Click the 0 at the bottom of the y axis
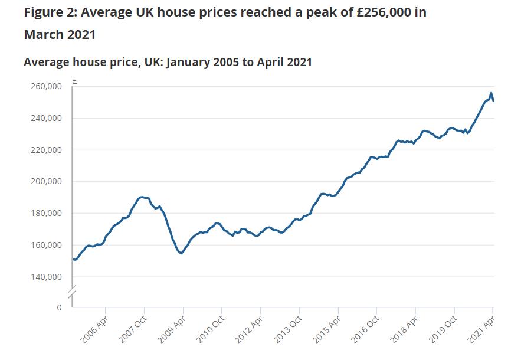tap(59, 307)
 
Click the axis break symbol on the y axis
tap(73, 293)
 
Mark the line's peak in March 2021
tap(491, 93)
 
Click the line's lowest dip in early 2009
tap(182, 253)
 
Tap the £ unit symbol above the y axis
tap(74, 80)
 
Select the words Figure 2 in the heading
tap(50, 12)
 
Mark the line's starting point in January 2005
tap(73, 259)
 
